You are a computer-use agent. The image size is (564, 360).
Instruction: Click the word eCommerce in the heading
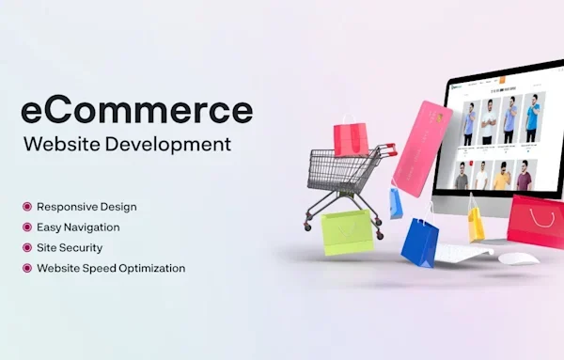pyautogui.click(x=136, y=110)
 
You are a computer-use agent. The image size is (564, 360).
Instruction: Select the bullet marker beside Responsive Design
pyautogui.click(x=27, y=206)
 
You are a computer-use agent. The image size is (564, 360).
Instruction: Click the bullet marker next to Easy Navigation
pyautogui.click(x=27, y=227)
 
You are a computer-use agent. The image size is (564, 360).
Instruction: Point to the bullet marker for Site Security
pyautogui.click(x=27, y=247)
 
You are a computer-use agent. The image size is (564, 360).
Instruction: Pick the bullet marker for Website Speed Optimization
pyautogui.click(x=27, y=268)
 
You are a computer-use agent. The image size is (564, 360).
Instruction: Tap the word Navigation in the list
pyautogui.click(x=91, y=227)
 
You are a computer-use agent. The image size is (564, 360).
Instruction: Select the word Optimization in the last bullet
pyautogui.click(x=149, y=268)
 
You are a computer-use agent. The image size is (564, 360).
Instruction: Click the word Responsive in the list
pyautogui.click(x=67, y=206)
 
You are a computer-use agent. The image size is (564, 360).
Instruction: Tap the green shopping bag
pyautogui.click(x=347, y=231)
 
